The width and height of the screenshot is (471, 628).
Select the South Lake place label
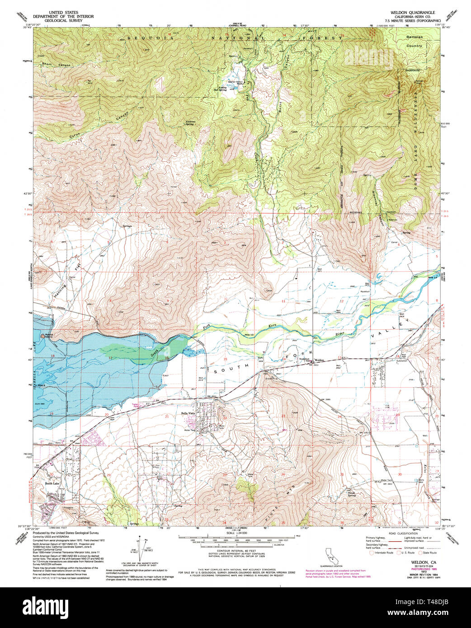tap(52, 484)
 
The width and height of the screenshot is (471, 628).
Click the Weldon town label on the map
tap(320, 360)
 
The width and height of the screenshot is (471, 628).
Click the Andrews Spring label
tap(192, 122)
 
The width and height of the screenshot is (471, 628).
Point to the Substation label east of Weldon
tap(396, 361)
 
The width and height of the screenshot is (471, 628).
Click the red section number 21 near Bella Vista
tap(167, 416)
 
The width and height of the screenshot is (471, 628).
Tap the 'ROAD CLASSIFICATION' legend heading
tap(399, 534)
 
